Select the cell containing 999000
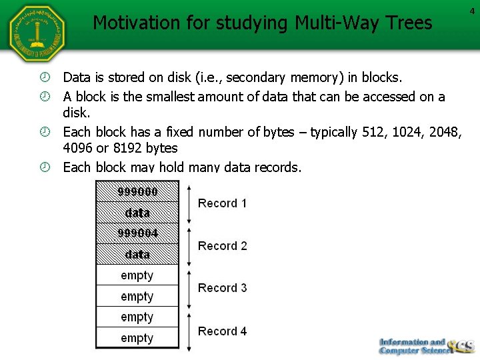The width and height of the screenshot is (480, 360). click(137, 192)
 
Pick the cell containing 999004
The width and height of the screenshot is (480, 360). click(137, 233)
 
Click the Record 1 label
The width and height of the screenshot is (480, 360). click(222, 203)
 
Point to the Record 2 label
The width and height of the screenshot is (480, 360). click(222, 246)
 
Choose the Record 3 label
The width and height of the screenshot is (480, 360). click(222, 288)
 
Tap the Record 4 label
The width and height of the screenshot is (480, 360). click(222, 331)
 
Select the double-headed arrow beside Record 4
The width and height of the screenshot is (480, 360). click(189, 331)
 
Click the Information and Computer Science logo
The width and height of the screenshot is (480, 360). click(425, 345)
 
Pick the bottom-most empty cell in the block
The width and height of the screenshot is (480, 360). click(137, 338)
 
